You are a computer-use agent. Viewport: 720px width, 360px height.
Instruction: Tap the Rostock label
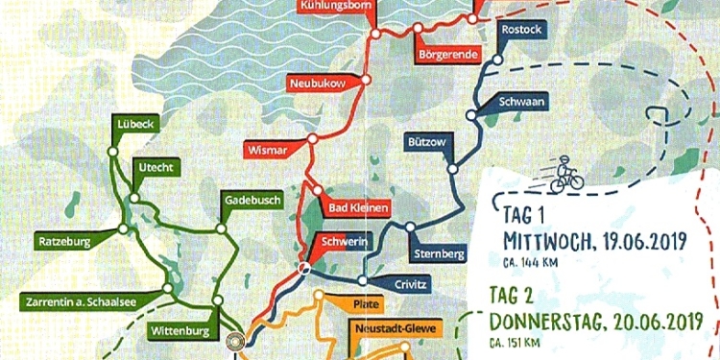[521, 30]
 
